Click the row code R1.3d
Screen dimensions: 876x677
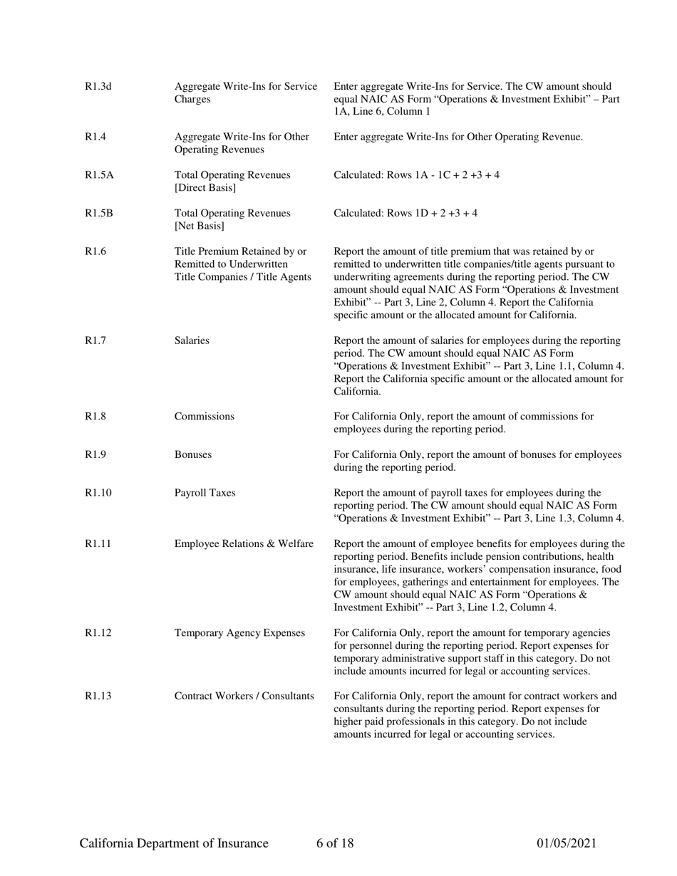pos(98,87)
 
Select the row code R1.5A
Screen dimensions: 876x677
pos(99,174)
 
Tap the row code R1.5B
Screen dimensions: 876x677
pos(98,213)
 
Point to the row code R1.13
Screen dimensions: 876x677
pos(98,696)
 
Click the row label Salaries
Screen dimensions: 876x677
pos(192,340)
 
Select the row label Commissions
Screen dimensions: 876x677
pos(204,417)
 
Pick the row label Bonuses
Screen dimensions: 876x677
pos(192,454)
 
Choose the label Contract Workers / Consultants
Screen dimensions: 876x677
pos(244,696)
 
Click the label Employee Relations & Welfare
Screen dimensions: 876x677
pos(244,544)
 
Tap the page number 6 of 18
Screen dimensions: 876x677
pos(335,844)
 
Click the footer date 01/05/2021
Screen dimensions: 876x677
pos(566,844)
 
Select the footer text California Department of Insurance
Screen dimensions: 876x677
pos(174,844)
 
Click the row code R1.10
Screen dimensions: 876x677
pos(98,493)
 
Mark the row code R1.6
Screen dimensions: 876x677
pos(95,251)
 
